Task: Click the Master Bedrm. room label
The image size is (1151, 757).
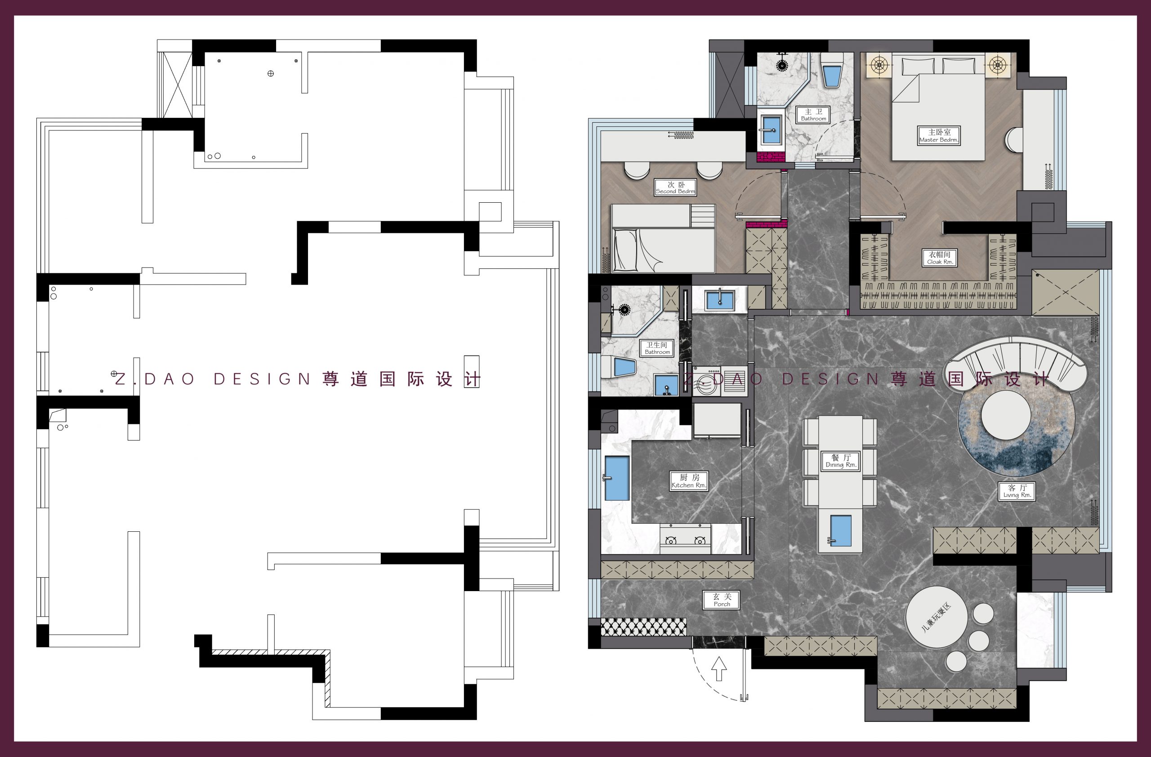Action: point(939,135)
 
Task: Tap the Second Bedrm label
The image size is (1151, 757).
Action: point(676,187)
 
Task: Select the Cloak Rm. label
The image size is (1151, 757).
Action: point(940,258)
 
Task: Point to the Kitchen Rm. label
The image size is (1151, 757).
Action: point(689,481)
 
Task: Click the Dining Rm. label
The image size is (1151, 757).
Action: point(841,461)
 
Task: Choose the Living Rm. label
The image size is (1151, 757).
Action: point(1017,491)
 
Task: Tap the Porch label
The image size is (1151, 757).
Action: point(722,601)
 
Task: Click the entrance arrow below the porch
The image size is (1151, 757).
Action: point(720,668)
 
